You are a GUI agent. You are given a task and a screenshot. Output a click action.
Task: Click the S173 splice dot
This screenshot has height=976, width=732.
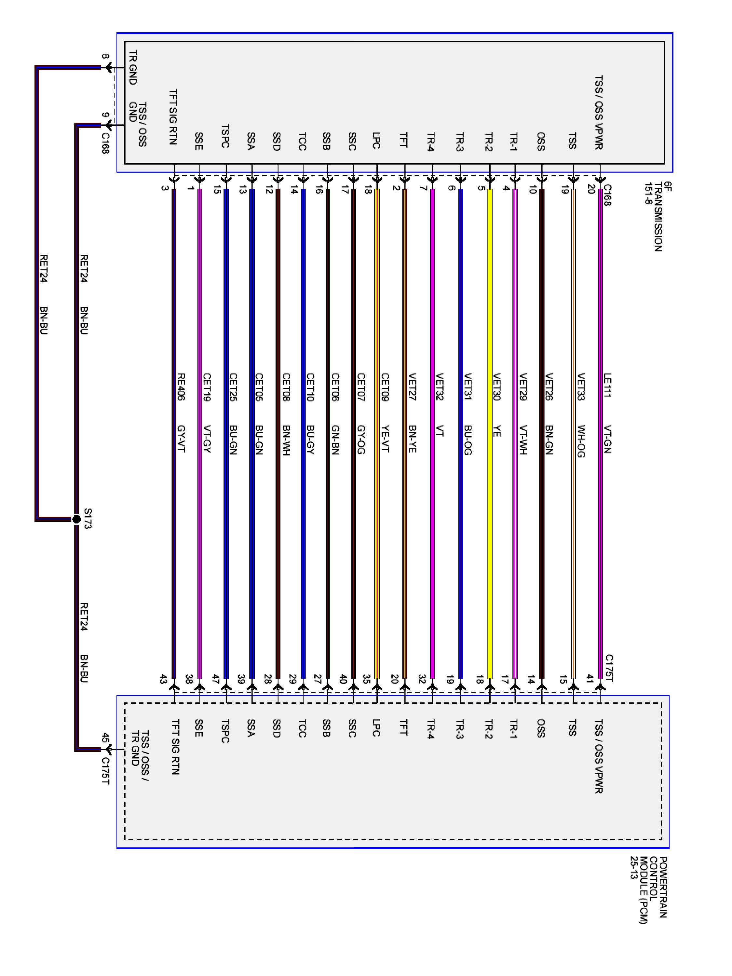[76, 519]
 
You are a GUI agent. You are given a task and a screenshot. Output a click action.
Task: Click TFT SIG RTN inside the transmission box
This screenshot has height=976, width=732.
[173, 117]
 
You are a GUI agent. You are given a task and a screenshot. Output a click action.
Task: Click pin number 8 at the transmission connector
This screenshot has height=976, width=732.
[105, 57]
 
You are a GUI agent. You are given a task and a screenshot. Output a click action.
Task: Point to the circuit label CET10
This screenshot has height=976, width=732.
[310, 386]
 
